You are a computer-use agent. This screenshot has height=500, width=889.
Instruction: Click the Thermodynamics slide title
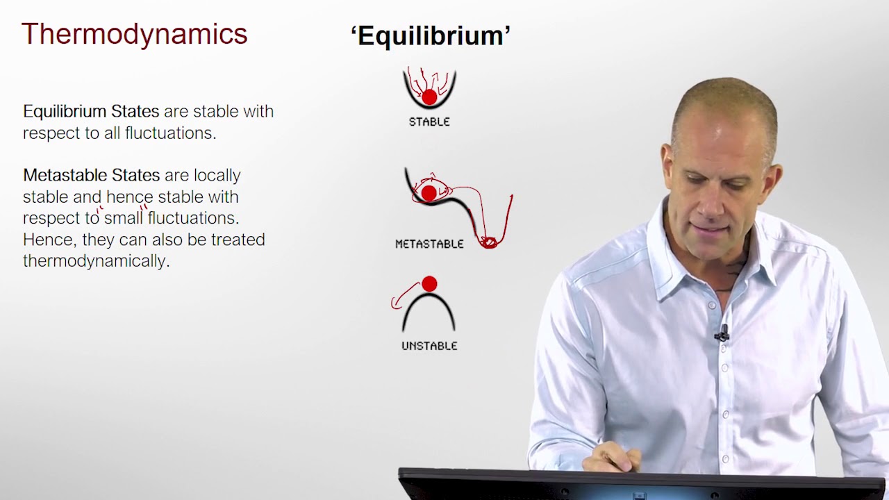click(134, 33)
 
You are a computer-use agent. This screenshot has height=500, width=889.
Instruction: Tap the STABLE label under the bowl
click(429, 122)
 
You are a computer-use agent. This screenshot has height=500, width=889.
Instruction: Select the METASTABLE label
click(429, 244)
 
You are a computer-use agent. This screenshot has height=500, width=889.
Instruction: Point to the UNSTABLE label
click(429, 345)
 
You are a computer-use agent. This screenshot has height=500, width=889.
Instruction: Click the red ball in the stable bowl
click(429, 97)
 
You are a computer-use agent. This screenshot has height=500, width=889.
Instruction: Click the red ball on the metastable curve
click(429, 192)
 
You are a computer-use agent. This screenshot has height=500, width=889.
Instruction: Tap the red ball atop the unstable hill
click(429, 283)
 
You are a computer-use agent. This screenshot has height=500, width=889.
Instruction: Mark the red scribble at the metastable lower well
click(489, 242)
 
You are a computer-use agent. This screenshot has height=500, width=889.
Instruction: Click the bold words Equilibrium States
click(91, 111)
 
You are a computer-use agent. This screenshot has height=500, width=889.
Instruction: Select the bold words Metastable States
click(91, 175)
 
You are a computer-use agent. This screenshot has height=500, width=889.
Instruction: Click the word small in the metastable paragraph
click(123, 218)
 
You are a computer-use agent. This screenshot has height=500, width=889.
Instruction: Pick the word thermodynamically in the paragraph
click(96, 261)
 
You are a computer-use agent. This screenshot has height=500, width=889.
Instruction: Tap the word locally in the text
click(217, 175)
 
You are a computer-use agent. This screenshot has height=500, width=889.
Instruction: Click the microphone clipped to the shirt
click(722, 334)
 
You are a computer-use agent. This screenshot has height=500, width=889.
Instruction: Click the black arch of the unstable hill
click(429, 300)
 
